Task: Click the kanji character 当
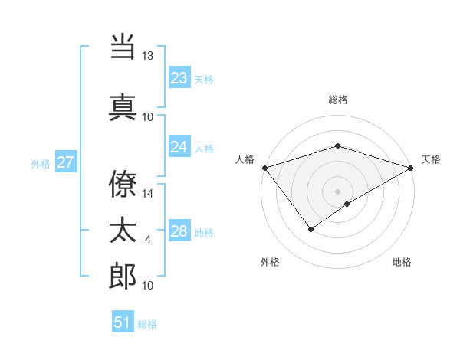coord(123,48)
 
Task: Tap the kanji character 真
coord(123,106)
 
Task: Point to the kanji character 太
coord(123,231)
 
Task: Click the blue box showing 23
coord(179,78)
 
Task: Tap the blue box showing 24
coord(179,147)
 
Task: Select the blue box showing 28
coord(179,231)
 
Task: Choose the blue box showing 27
coord(66,162)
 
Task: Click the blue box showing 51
coord(123,322)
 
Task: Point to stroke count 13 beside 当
coord(148,56)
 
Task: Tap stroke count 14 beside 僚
coord(148,194)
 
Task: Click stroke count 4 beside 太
coord(148,240)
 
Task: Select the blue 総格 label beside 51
coord(147,324)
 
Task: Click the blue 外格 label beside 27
coord(41,163)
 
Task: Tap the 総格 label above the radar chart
coord(338,100)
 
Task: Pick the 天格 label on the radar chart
coord(432,159)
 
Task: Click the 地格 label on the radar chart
coord(402,262)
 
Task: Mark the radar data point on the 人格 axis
coord(264,167)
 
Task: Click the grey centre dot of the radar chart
coord(337,191)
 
